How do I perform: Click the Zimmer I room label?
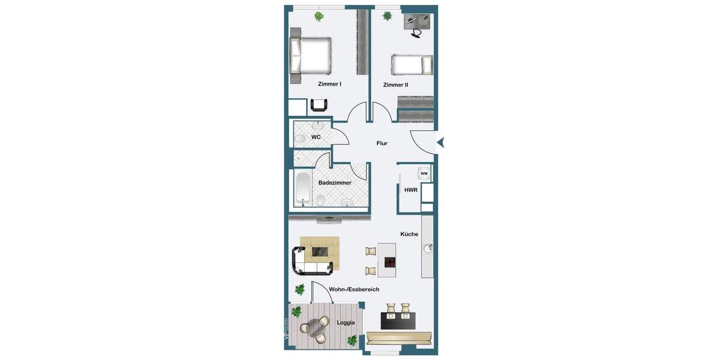pos(329,84)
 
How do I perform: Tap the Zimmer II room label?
pos(395,85)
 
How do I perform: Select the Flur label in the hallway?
pos(382,143)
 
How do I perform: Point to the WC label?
pos(316,137)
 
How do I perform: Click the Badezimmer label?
pos(335,182)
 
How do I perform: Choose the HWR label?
pos(411,190)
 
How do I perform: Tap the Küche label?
pos(410,234)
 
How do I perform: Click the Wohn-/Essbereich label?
pos(354,289)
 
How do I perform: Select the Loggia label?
pos(346,323)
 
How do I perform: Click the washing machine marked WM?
pos(424,173)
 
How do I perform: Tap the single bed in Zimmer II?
pos(412,64)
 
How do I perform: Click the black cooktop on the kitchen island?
pos(390,262)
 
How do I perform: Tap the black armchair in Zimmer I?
pos(319,106)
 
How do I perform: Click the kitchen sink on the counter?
pos(428,248)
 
